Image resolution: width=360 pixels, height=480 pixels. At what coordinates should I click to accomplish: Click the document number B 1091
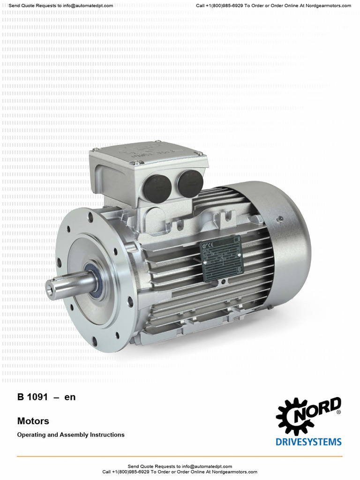32,397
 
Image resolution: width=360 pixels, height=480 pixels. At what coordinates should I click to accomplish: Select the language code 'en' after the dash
70,397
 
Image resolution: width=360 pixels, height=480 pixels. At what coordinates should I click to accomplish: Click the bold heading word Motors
33,421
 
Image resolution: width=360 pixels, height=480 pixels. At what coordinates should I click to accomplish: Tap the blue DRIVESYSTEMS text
308,442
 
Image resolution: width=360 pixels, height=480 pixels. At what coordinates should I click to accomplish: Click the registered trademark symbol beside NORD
339,412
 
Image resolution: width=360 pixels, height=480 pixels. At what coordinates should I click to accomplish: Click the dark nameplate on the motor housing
221,258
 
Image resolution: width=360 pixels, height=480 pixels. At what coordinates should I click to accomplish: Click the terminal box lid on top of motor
149,155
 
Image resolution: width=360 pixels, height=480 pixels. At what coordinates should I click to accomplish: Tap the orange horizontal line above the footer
180,456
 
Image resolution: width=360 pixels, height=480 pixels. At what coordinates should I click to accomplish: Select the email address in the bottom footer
208,466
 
